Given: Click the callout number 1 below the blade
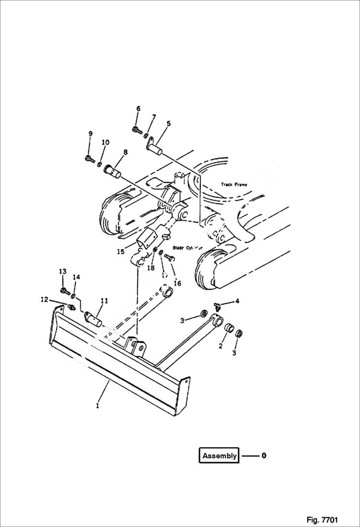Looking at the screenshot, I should [98, 405].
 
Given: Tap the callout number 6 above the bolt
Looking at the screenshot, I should [138, 109].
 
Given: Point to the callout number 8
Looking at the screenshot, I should [125, 152].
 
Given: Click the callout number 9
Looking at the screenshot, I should [90, 134].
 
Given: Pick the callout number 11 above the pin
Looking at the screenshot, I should [104, 301].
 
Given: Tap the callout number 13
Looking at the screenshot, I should [62, 272].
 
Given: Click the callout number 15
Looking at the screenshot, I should [120, 251].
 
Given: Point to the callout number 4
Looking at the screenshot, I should [237, 301].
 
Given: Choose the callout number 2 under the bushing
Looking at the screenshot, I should [220, 346].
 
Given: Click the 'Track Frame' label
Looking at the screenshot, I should [234, 184].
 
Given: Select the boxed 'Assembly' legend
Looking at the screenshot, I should [219, 455].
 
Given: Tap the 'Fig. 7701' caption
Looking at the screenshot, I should [322, 520].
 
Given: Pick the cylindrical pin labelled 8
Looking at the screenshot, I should [112, 171].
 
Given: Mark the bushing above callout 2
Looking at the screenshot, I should [230, 330].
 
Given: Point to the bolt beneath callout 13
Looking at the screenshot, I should [64, 290].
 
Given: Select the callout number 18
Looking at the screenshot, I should [150, 268].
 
